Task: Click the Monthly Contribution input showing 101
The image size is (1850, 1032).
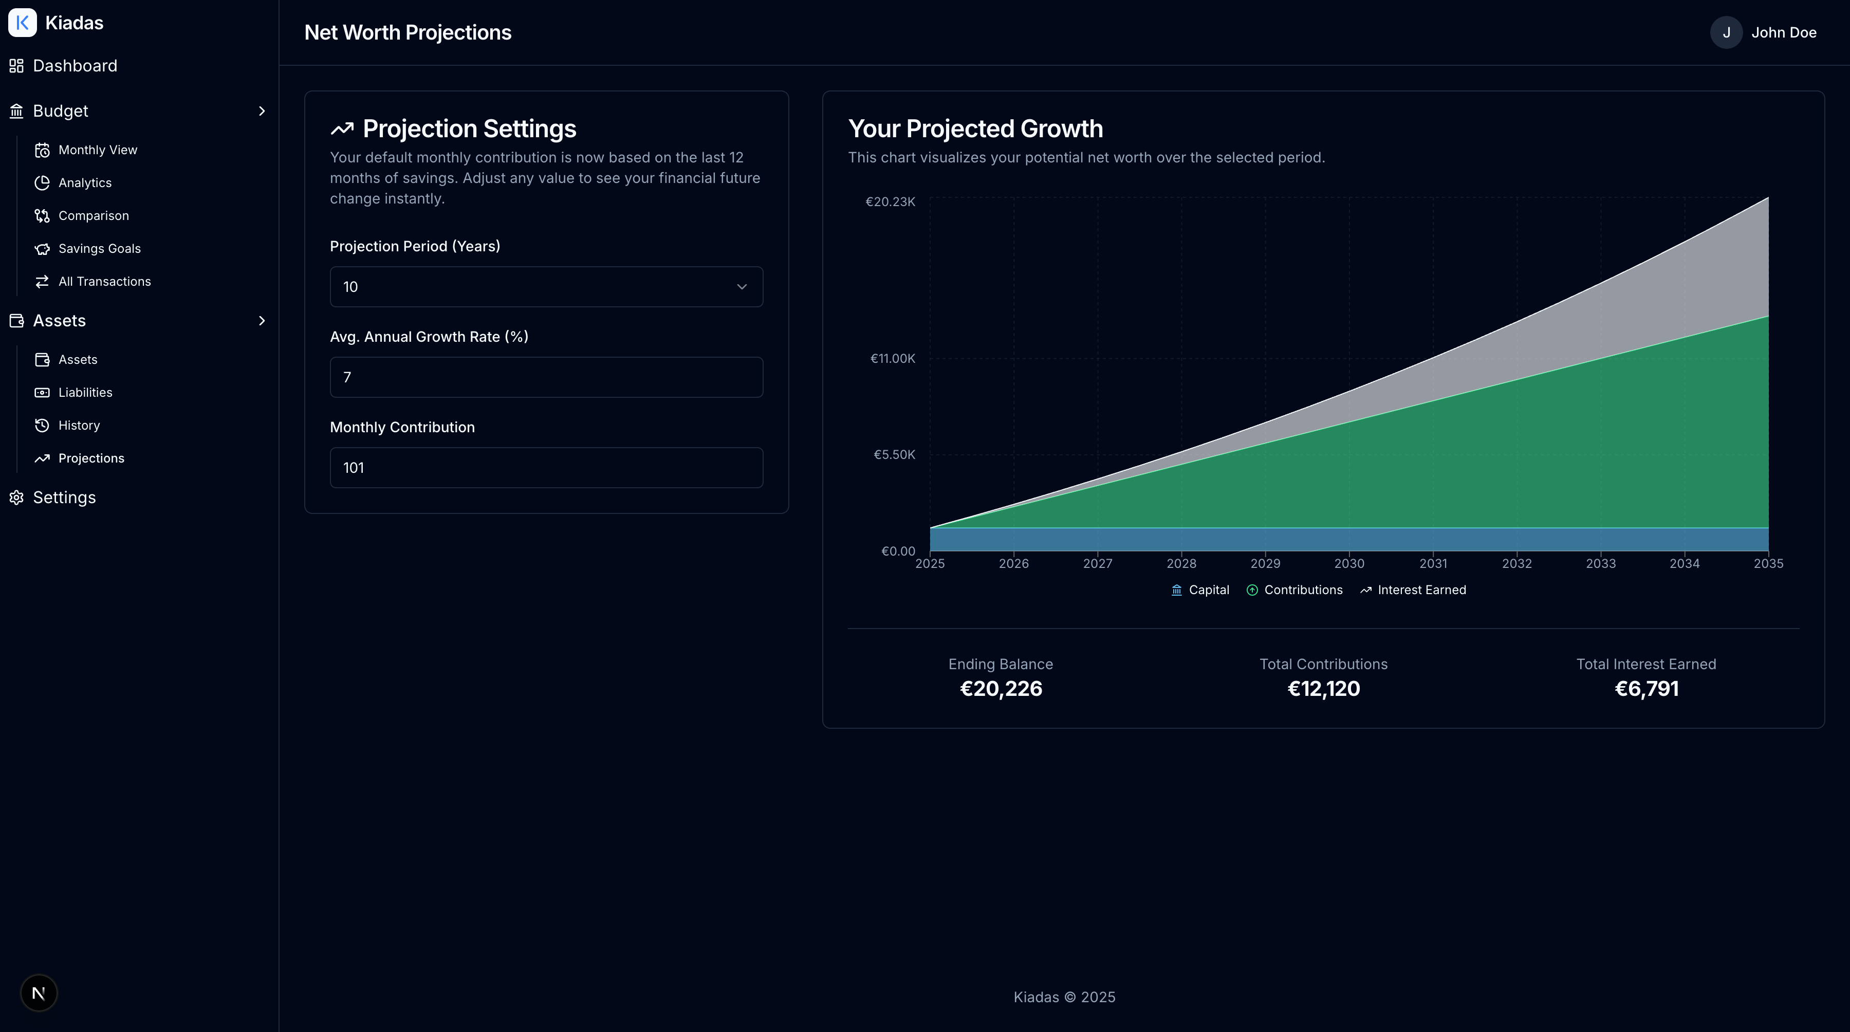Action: coord(546,468)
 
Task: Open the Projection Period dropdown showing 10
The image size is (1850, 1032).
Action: coord(546,287)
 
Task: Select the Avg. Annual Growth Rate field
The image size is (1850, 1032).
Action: coord(546,377)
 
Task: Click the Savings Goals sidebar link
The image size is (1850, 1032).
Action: coord(99,248)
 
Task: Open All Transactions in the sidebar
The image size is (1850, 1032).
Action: coord(104,282)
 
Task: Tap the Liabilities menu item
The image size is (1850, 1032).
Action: coord(85,392)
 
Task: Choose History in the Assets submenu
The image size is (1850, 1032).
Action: coord(79,425)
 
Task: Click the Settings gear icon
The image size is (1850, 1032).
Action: coord(16,497)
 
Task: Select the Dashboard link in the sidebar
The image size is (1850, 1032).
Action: coord(75,66)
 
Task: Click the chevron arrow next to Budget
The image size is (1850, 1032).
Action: coord(262,112)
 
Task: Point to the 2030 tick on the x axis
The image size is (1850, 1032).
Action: coord(1349,563)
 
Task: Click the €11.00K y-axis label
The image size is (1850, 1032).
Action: coord(892,358)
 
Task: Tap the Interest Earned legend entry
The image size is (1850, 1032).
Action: coord(1413,589)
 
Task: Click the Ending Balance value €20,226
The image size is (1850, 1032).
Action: coord(1001,689)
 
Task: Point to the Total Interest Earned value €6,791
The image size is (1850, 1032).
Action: coord(1646,689)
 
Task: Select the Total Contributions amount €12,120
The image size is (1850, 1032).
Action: coord(1323,689)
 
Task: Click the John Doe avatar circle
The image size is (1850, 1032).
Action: coord(1726,32)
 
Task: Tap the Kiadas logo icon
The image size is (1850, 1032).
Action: coord(22,23)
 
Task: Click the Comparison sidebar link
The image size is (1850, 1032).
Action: coord(94,215)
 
